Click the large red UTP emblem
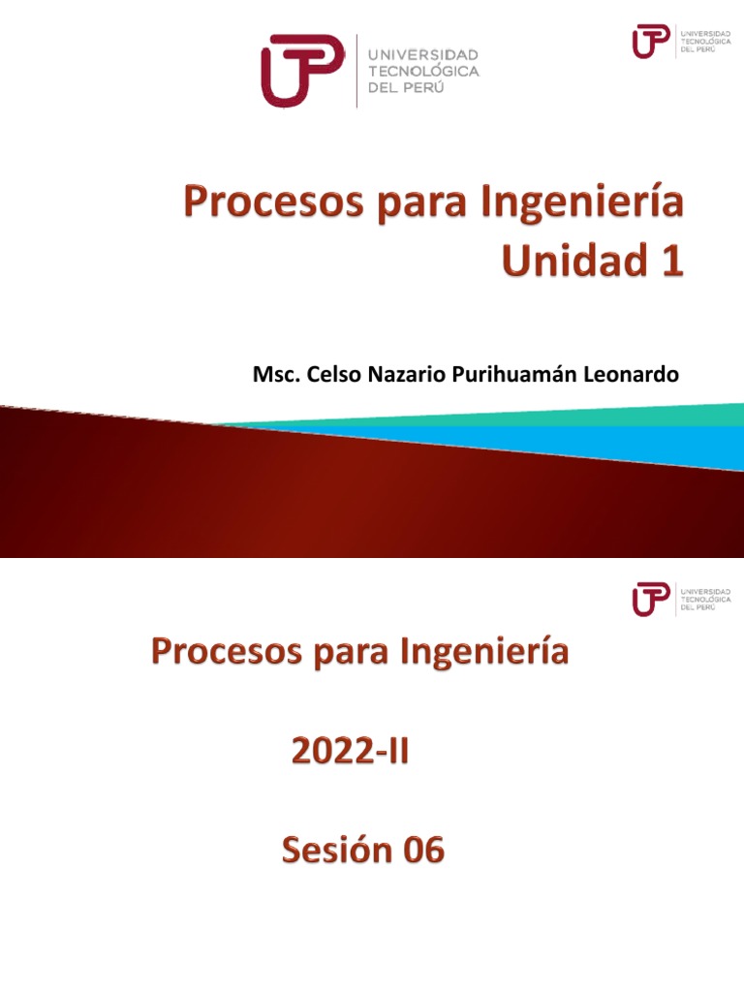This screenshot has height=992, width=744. click(301, 70)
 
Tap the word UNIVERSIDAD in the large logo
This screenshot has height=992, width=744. click(423, 55)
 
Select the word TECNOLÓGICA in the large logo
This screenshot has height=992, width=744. click(423, 71)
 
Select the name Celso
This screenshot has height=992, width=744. click(329, 375)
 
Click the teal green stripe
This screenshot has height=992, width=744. click(581, 417)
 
